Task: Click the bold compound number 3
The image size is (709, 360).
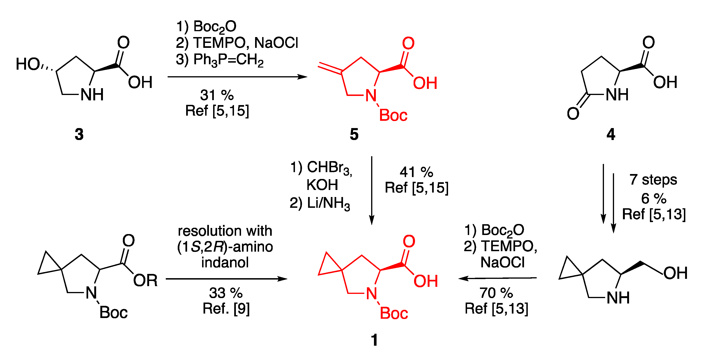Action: tap(79, 135)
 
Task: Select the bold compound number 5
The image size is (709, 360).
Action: tap(354, 135)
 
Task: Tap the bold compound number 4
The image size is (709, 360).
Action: tap(611, 135)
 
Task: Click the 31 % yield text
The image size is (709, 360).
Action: tap(217, 95)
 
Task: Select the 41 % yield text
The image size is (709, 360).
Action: tap(416, 172)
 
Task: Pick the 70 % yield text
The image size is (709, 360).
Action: tap(496, 293)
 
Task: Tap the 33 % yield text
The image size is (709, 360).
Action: tap(226, 293)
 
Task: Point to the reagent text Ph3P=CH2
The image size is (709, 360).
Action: tap(228, 60)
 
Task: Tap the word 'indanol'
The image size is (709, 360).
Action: tap(225, 262)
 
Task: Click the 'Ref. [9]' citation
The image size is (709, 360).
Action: tap(226, 309)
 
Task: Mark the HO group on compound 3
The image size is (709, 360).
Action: tap(27, 64)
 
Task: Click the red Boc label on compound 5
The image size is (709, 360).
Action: tap(393, 115)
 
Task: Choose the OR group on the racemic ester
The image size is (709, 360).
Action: tap(145, 281)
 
